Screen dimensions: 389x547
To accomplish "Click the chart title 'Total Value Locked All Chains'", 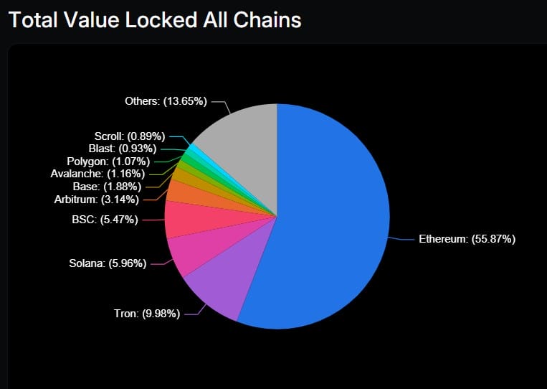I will [154, 19].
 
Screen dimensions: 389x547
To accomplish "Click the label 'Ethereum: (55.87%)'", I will [467, 239].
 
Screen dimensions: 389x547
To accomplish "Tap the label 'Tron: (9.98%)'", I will [147, 314].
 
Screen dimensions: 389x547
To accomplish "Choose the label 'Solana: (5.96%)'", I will [108, 263].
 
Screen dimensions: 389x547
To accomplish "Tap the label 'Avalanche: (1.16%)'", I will [97, 173].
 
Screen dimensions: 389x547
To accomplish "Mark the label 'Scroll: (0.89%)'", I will [130, 136].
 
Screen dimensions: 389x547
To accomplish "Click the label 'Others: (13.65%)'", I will [166, 101].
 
